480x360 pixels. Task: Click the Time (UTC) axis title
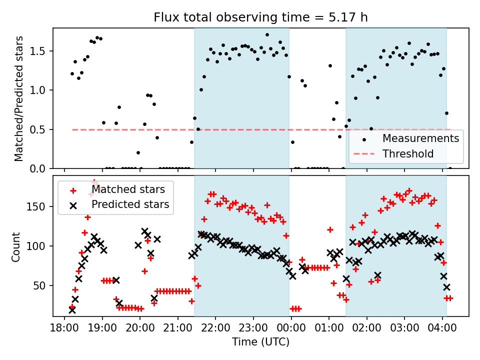click(260, 342)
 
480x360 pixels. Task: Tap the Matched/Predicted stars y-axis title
click(18, 98)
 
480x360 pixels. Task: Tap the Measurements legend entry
click(420, 138)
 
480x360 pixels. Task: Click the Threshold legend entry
click(408, 154)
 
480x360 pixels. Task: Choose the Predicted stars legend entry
click(130, 204)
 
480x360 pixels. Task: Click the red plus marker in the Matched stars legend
click(73, 190)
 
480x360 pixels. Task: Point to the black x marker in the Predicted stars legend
click(73, 204)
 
